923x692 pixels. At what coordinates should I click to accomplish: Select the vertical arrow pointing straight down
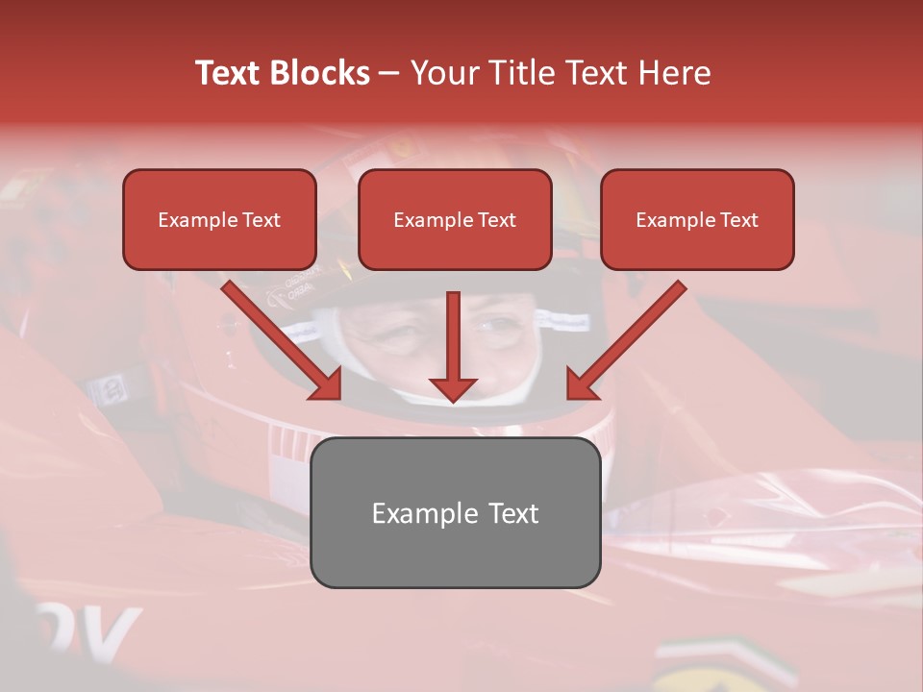click(x=453, y=336)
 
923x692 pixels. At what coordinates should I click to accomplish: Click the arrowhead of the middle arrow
click(x=453, y=388)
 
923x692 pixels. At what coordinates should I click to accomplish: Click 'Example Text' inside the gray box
click(x=455, y=513)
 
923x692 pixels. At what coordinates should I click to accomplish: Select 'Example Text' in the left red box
click(x=219, y=220)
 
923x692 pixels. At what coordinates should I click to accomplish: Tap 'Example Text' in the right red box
click(x=697, y=220)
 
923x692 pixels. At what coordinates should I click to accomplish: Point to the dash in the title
click(x=389, y=74)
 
